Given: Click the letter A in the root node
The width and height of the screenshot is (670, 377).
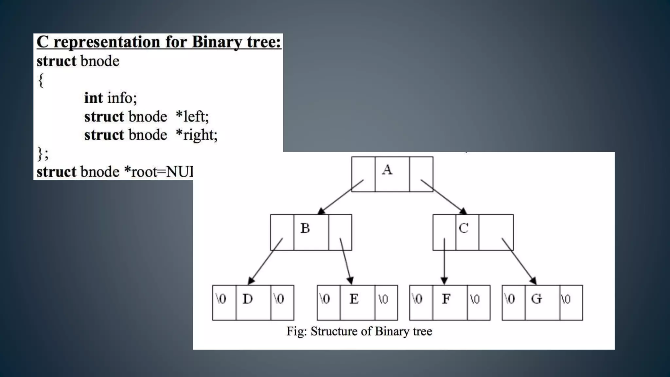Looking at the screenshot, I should pyautogui.click(x=387, y=170).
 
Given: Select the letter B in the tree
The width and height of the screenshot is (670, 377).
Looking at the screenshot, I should pyautogui.click(x=305, y=228).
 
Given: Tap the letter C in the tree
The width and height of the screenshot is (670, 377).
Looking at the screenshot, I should pyautogui.click(x=464, y=228).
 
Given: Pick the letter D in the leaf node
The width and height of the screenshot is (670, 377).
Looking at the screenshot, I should pyautogui.click(x=248, y=299).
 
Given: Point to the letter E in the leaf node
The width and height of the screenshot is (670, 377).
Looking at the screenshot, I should pyautogui.click(x=354, y=299).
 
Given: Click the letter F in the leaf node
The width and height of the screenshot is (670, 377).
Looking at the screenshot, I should pyautogui.click(x=446, y=299).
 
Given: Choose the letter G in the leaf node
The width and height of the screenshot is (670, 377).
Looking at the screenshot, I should pyautogui.click(x=537, y=299).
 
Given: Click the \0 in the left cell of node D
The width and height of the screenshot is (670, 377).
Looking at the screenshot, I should pyautogui.click(x=221, y=299).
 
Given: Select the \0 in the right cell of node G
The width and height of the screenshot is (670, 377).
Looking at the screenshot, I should pyautogui.click(x=566, y=299).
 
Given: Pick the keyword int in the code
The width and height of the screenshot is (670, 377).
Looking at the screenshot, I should pyautogui.click(x=94, y=98).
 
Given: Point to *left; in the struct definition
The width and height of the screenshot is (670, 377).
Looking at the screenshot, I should pyautogui.click(x=192, y=117).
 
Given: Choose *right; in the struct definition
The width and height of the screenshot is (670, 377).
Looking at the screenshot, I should pyautogui.click(x=196, y=135).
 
